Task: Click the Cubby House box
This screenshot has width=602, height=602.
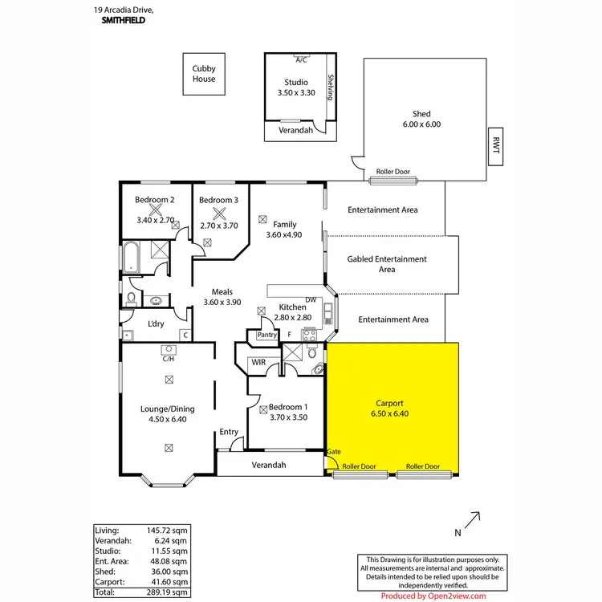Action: coord(203,74)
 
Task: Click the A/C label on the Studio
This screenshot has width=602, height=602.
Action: coord(301,59)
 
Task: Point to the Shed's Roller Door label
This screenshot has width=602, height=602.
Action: coord(393,172)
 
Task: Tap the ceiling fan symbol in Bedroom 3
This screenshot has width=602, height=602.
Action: coord(218,214)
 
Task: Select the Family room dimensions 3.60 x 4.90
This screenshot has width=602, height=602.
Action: coord(284,235)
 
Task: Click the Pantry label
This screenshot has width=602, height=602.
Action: coord(266,335)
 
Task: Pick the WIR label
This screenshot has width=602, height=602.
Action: coord(258,363)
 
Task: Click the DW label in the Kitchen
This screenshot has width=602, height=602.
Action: coord(311,300)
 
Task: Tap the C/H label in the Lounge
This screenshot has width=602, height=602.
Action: coord(169,359)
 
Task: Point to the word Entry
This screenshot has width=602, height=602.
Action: coord(229,432)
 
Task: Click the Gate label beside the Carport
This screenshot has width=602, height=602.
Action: coord(334,452)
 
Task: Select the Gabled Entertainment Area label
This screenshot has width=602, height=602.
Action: coord(386,264)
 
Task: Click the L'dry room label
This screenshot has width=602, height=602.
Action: coord(156,324)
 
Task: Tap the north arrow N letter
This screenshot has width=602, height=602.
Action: coord(458,532)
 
